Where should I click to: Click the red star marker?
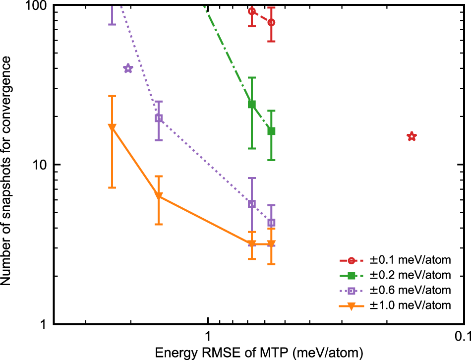click(411, 136)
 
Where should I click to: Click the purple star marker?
click(128, 68)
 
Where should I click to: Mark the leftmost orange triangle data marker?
click(112, 127)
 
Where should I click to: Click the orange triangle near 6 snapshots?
click(159, 197)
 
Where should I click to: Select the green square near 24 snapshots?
click(252, 104)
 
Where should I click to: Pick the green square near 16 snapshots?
click(271, 131)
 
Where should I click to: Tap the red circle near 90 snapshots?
click(252, 11)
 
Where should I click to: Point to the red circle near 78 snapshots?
click(271, 22)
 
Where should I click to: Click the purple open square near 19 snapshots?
click(159, 118)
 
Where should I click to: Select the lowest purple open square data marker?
click(271, 223)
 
